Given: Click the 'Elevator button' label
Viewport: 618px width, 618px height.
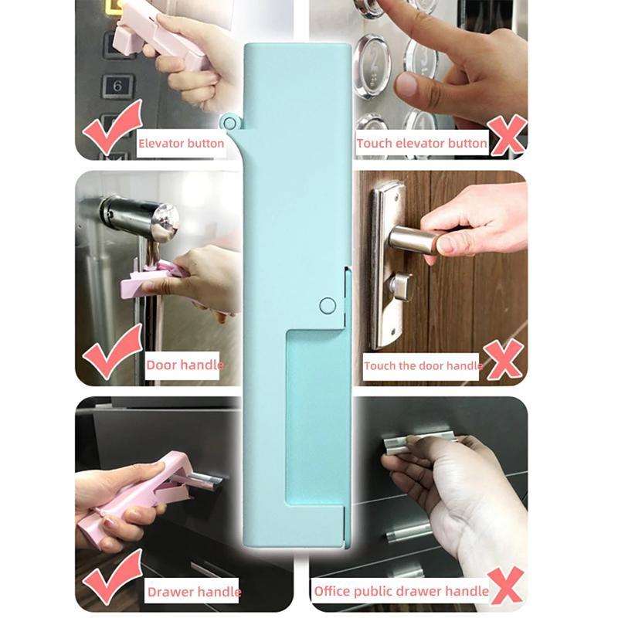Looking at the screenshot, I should tap(181, 143).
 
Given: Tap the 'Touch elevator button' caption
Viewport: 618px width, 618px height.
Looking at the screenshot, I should tap(421, 143).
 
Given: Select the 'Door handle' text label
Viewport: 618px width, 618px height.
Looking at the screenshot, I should tap(185, 365).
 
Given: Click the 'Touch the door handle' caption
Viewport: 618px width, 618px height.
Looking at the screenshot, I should tap(423, 365).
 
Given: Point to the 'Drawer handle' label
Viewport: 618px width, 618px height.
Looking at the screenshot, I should tap(194, 592).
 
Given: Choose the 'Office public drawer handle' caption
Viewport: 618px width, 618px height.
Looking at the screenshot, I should tap(401, 591).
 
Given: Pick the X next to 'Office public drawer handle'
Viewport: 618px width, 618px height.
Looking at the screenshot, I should tap(507, 584).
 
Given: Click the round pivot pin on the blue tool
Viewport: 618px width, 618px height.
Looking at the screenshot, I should tap(327, 305).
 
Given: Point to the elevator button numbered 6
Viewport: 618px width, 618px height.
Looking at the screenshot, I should tap(117, 85).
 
